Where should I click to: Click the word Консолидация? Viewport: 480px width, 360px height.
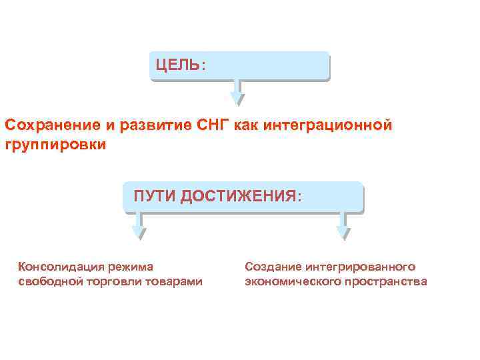click(x=57, y=267)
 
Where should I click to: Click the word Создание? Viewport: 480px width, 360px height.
click(x=270, y=267)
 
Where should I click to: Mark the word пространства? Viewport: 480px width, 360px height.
click(x=386, y=282)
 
